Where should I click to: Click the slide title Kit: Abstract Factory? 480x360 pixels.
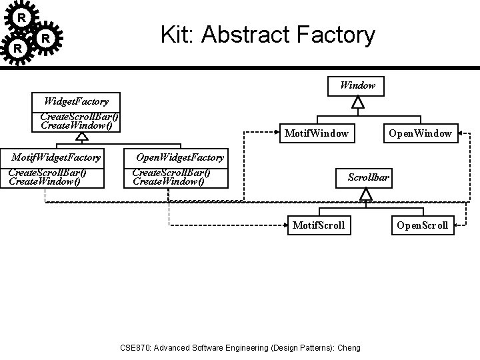pos(268,35)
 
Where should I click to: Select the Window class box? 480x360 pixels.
pos(357,85)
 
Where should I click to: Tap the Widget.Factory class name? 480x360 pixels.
pos(76,101)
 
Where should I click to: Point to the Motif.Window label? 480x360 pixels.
pos(316,133)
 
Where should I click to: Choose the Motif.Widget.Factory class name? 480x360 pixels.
pos(57,157)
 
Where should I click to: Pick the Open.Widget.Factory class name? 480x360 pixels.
pos(180,157)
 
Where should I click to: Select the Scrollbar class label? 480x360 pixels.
pos(369,177)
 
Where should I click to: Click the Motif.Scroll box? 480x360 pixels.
pos(319,225)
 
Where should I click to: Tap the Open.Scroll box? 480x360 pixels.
pos(422,225)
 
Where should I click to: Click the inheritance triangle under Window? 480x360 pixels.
pos(358,102)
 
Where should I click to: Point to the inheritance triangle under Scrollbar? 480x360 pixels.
pos(366,194)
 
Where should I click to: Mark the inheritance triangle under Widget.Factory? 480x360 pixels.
pos(81,137)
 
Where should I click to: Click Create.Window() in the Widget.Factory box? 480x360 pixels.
pos(76,125)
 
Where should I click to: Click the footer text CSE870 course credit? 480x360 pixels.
pos(239,347)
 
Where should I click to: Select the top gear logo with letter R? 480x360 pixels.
pos(22,17)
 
